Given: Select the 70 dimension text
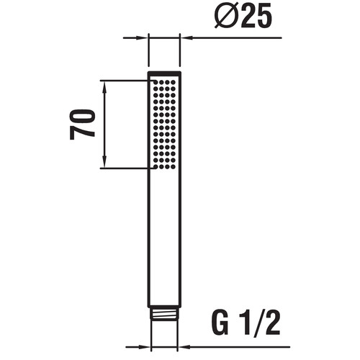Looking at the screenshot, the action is (82, 125).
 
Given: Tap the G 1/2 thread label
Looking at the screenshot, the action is (246, 323).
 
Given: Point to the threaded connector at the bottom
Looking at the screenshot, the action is (164, 312).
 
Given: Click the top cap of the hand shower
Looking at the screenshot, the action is (164, 73).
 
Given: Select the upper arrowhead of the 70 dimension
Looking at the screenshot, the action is (104, 86).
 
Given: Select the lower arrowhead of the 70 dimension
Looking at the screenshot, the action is (104, 163).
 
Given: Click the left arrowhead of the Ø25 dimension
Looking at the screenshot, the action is (141, 37).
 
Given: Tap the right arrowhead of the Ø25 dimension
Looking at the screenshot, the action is (186, 37).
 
